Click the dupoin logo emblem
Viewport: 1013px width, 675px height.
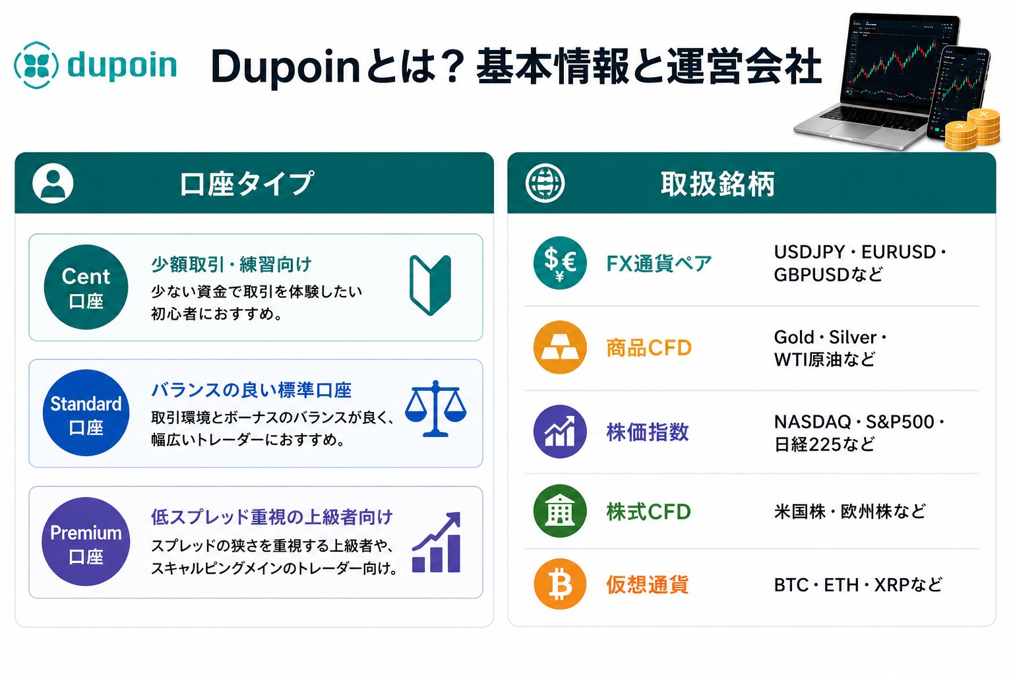[36, 65]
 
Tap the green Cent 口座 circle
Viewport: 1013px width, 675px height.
[86, 287]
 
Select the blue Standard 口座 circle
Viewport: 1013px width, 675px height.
[86, 413]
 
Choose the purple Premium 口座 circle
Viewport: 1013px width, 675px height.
[86, 542]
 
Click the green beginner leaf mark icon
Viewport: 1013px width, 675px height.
[430, 285]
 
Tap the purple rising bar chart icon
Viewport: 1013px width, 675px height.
[437, 543]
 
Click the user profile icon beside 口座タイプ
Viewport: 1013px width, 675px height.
[53, 183]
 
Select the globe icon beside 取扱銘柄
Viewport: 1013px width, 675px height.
[545, 183]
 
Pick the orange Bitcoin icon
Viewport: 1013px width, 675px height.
[560, 584]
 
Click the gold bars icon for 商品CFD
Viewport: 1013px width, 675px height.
[560, 347]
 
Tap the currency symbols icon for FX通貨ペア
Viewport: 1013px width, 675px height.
[560, 262]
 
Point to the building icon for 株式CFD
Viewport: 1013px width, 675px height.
[560, 511]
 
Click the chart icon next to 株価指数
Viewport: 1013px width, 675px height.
[560, 431]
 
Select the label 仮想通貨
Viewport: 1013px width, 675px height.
[647, 585]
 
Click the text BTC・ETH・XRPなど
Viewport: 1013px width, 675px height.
[858, 585]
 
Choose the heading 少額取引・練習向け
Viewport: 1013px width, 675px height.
[231, 264]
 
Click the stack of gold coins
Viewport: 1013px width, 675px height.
[972, 131]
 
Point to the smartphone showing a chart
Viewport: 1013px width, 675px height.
[958, 93]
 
